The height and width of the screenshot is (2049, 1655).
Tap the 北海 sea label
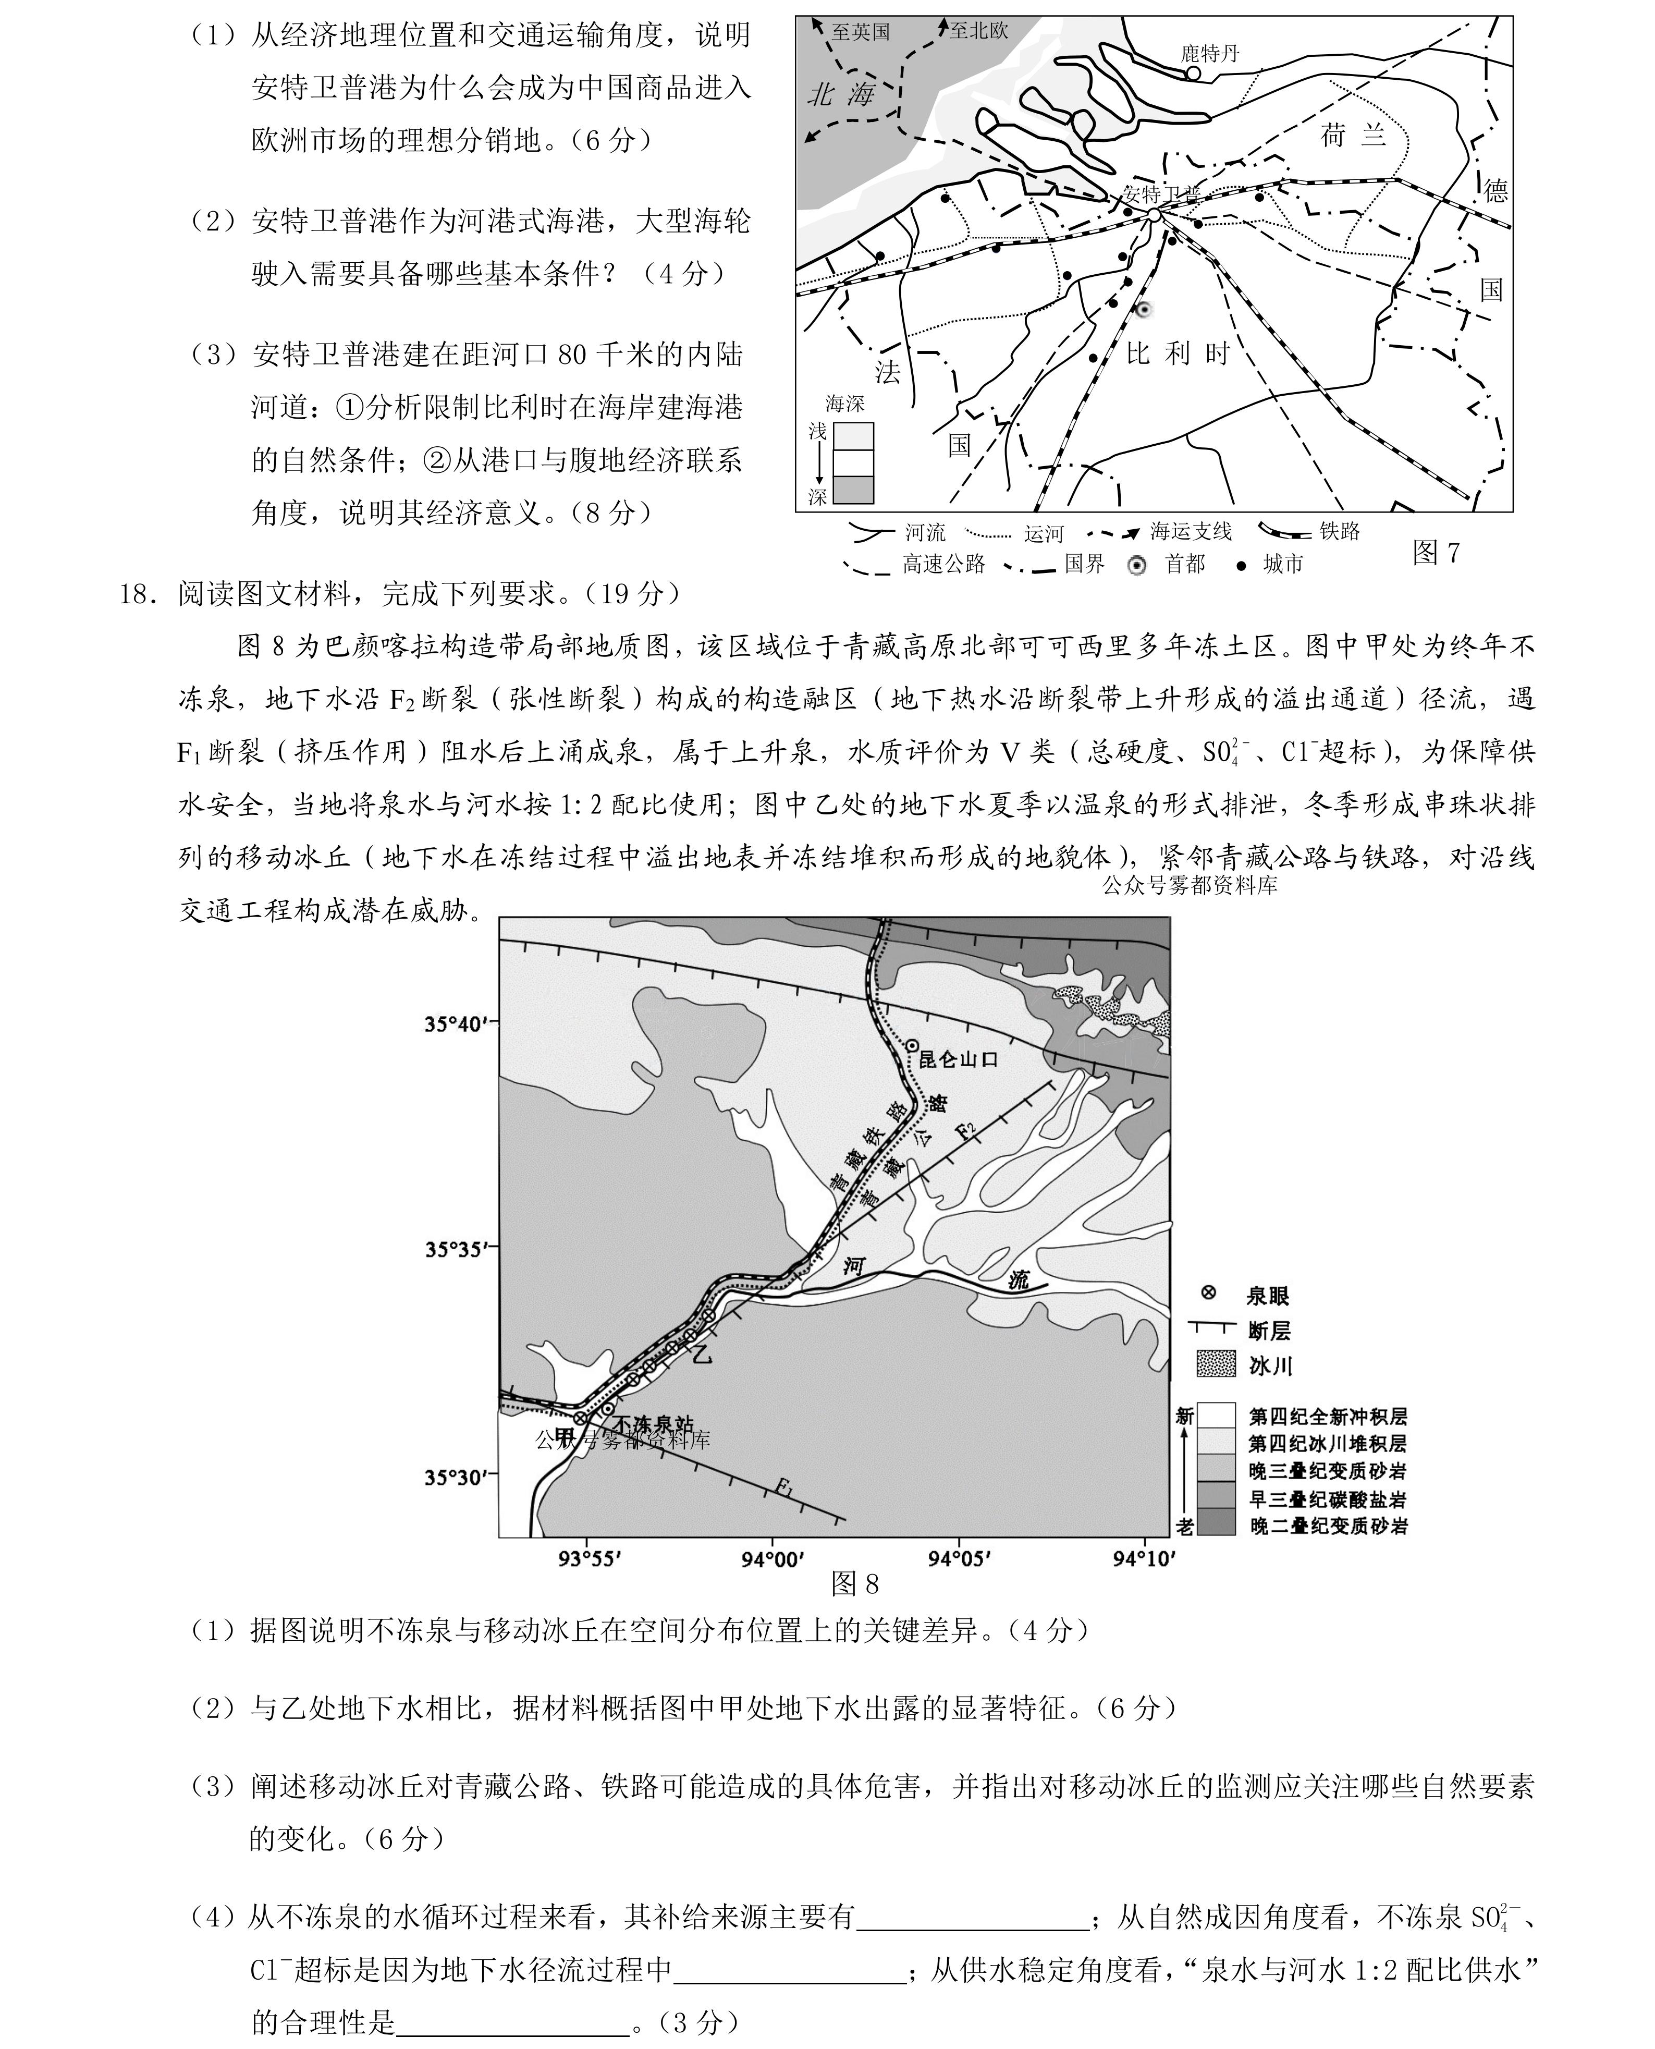pyautogui.click(x=841, y=93)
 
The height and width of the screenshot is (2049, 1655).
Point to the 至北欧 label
pyautogui.click(x=978, y=31)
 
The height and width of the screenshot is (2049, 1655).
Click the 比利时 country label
pyautogui.click(x=1179, y=353)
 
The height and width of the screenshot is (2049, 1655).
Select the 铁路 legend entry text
pyautogui.click(x=1340, y=531)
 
